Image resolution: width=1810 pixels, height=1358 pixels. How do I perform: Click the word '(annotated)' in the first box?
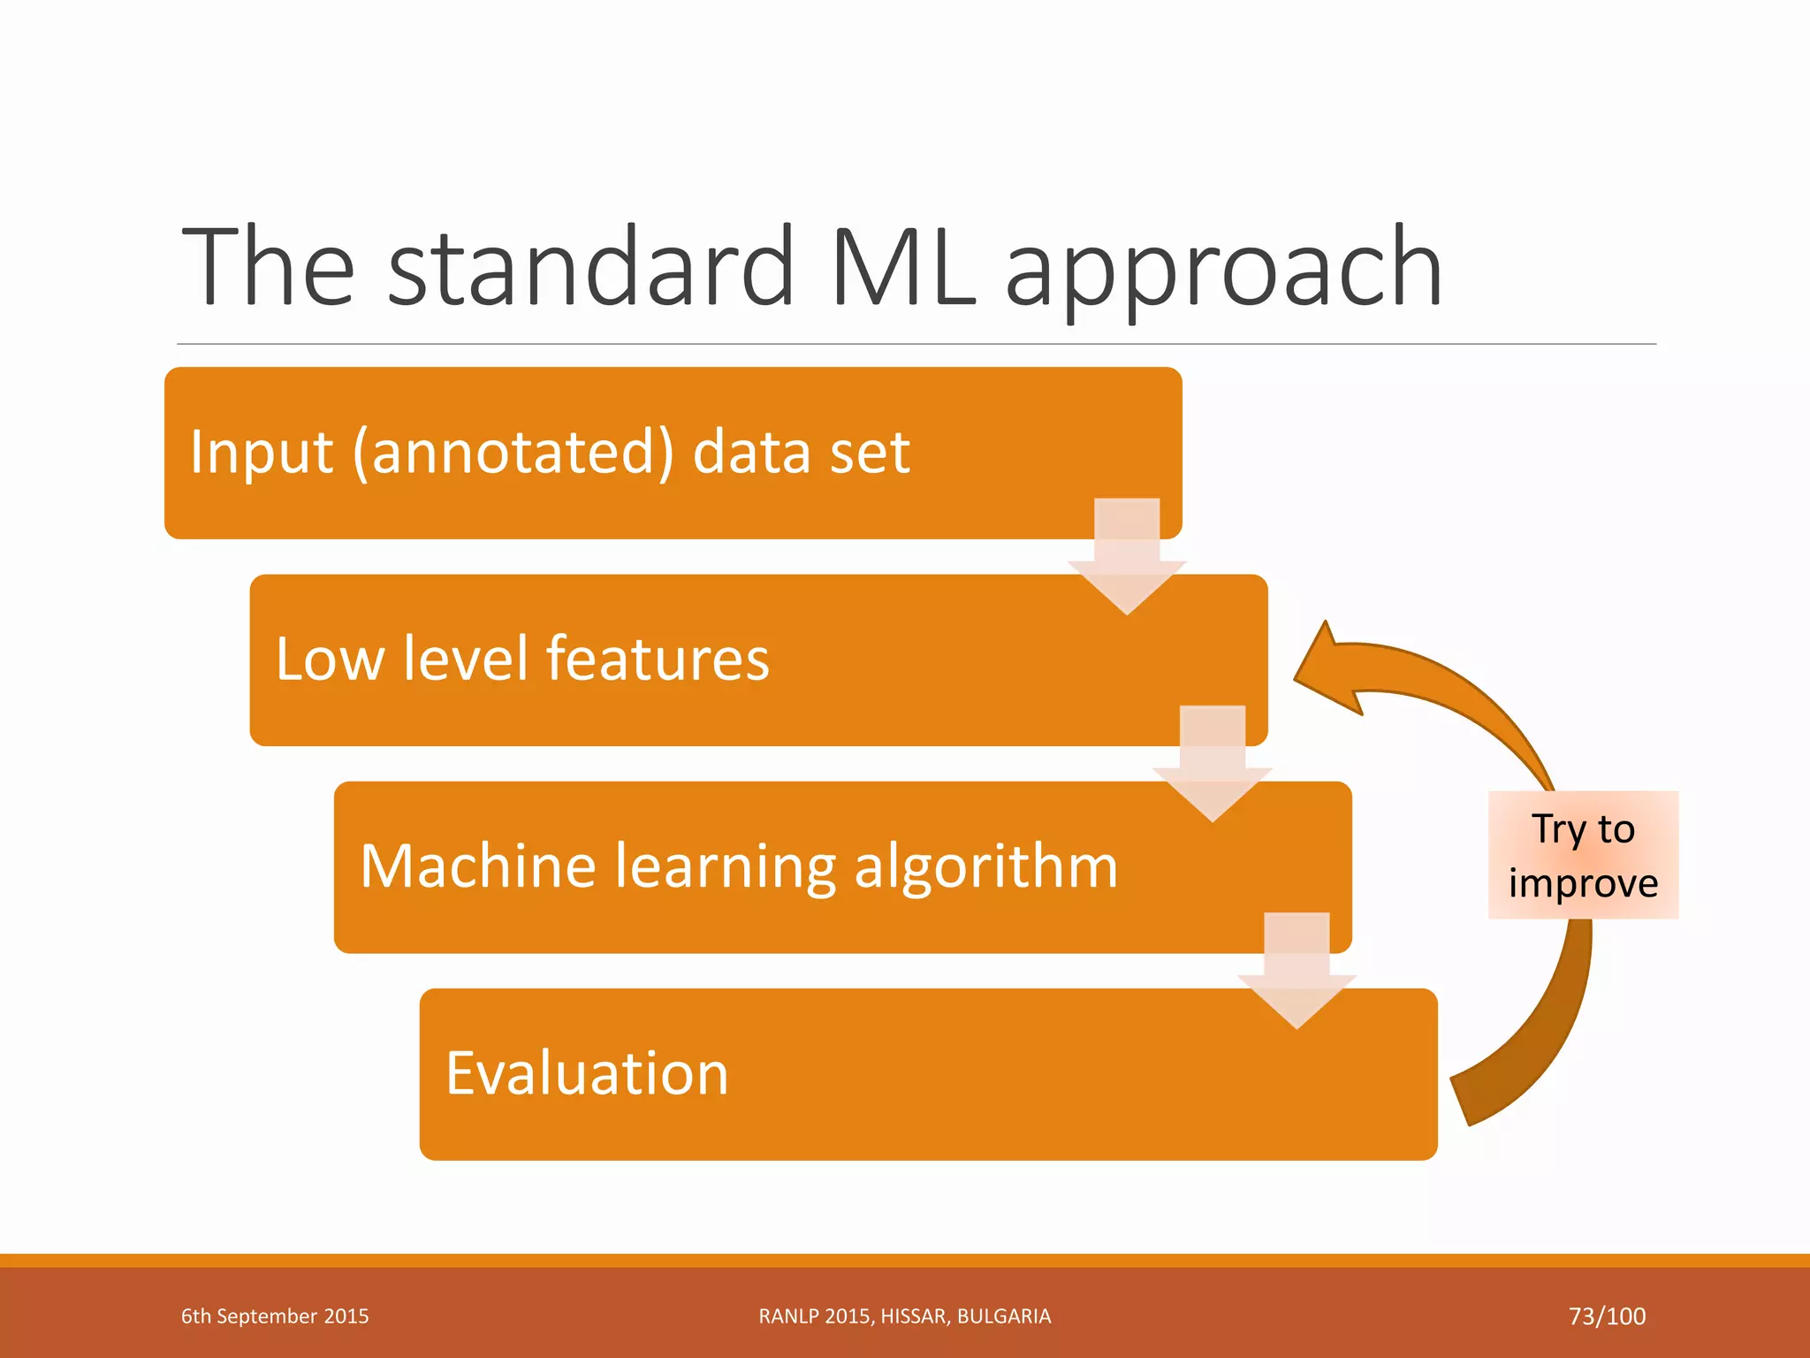point(513,453)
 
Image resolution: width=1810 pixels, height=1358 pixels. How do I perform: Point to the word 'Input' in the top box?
point(261,453)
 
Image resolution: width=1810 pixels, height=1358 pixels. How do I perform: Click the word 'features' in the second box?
point(658,659)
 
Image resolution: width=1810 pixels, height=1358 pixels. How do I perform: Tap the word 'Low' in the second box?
point(330,659)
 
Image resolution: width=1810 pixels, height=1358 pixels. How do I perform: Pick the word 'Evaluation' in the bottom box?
point(587,1073)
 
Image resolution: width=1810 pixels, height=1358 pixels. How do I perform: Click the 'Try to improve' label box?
point(1583,855)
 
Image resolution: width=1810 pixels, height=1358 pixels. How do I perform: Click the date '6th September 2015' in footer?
point(275,1316)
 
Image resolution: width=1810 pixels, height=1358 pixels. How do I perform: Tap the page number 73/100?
point(1607,1316)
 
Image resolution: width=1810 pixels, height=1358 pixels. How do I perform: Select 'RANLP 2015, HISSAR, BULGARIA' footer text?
point(904,1316)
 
